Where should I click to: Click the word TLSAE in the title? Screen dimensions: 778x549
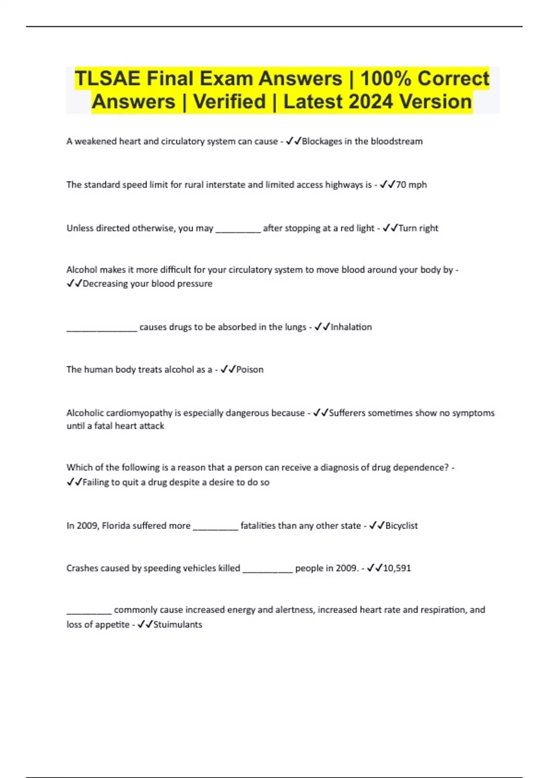[107, 78]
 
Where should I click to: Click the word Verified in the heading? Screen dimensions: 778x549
[229, 102]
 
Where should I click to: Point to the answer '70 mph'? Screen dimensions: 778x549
[411, 185]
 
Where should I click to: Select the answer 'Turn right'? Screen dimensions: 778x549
[418, 228]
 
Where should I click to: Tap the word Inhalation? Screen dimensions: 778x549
[351, 327]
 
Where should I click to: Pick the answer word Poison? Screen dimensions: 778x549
[250, 369]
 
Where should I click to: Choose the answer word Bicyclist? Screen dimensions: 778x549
[401, 525]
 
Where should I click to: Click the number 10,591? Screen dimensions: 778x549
[397, 568]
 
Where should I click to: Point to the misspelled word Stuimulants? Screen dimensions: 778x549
[178, 624]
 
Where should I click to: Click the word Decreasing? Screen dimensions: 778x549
[105, 284]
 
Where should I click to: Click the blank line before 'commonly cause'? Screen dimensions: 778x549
[89, 611]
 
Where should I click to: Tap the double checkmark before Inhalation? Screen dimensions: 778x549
[322, 327]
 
